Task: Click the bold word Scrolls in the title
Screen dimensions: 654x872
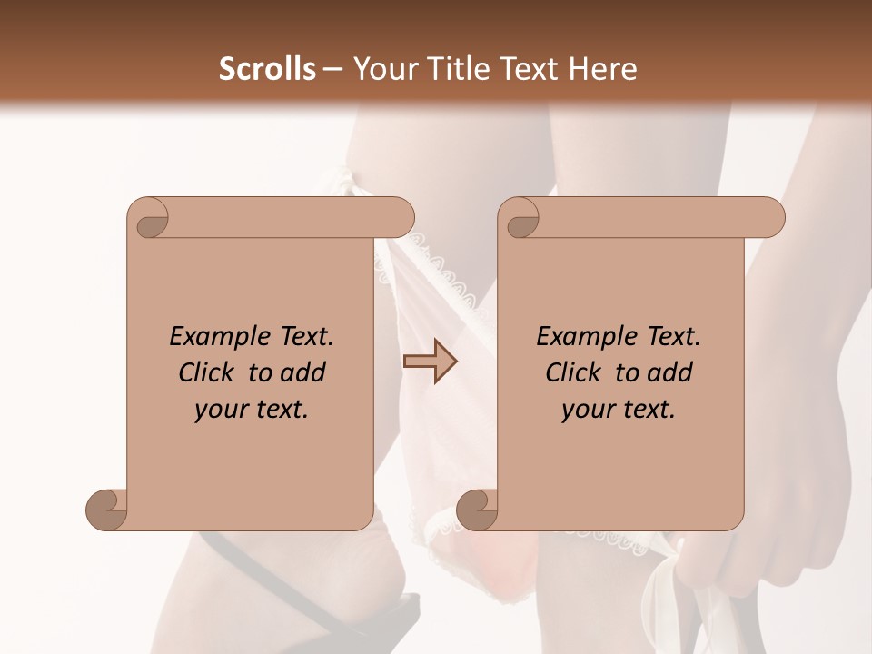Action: click(x=267, y=69)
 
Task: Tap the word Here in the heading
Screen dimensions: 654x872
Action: click(x=601, y=69)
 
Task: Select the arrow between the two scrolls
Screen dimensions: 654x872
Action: click(x=430, y=362)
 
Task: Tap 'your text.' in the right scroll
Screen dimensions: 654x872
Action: click(x=619, y=409)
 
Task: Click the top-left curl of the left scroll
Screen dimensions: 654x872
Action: click(x=150, y=219)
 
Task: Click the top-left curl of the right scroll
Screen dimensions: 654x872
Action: click(x=520, y=219)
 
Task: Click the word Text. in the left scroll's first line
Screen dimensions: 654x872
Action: click(x=303, y=337)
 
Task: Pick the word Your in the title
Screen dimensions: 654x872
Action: click(x=381, y=69)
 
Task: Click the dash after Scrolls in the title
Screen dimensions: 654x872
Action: click(x=332, y=69)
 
